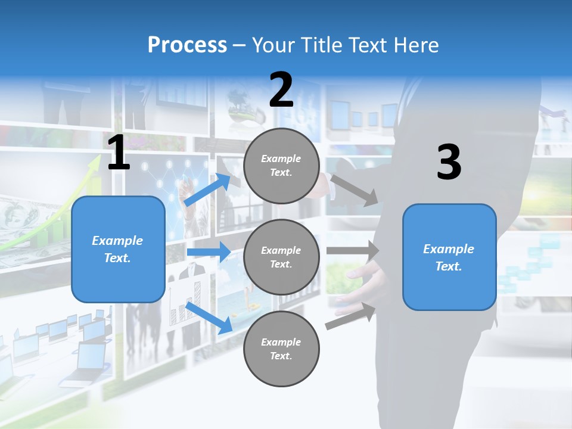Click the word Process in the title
pos(187,45)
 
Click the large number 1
pos(119,154)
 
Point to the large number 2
pos(281,90)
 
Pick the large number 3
pos(449,163)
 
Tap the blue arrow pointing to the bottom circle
pos(209,316)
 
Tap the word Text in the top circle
pos(281,173)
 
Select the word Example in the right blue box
pos(449,249)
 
